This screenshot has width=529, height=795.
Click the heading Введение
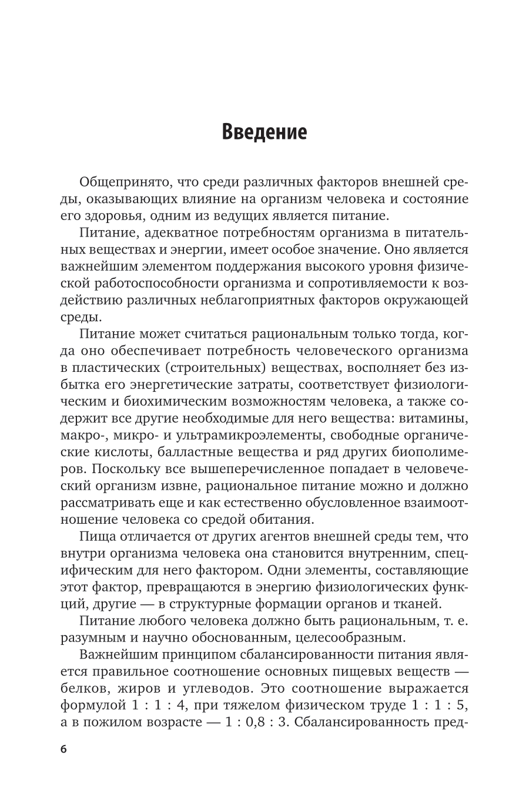[x=264, y=132]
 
